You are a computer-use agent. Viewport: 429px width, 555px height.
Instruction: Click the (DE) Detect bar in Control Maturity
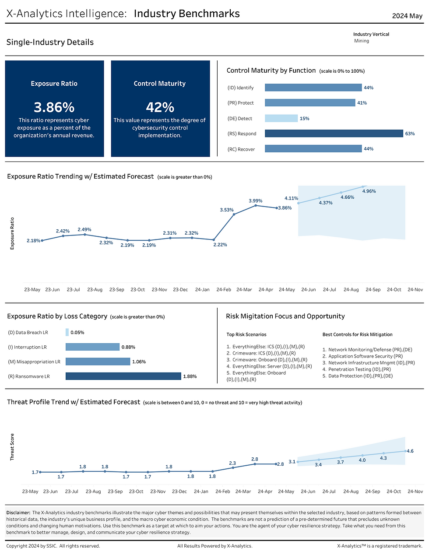tap(281, 118)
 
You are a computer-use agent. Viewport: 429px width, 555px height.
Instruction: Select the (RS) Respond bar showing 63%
tap(334, 133)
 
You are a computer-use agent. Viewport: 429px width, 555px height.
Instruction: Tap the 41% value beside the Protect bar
tap(362, 103)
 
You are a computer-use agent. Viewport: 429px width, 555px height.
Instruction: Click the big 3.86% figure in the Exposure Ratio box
tap(54, 107)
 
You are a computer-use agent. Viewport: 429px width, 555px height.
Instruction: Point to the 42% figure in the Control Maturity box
tap(160, 107)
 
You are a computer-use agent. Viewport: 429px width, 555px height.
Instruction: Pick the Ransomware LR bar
tap(123, 376)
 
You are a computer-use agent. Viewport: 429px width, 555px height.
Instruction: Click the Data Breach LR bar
tap(67, 332)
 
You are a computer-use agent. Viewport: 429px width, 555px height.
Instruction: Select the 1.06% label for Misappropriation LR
tap(139, 362)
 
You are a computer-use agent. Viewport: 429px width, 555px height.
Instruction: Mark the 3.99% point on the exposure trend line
tap(256, 205)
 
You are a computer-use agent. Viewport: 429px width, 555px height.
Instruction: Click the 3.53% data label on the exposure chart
tap(227, 210)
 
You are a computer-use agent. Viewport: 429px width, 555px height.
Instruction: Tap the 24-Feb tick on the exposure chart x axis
tap(224, 290)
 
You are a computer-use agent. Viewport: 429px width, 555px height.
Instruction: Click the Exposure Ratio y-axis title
tap(12, 233)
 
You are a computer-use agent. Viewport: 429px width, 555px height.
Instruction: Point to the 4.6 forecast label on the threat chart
tap(410, 451)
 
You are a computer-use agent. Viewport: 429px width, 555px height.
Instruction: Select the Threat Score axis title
tap(12, 447)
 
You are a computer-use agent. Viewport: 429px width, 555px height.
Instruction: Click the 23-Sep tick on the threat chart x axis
tap(115, 492)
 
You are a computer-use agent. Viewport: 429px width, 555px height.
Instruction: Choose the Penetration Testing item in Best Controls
tap(356, 369)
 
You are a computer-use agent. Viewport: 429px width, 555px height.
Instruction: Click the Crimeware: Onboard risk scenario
tap(267, 360)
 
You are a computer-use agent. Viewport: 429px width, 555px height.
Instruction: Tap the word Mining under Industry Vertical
tap(362, 41)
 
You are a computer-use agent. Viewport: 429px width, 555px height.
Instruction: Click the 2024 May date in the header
tap(407, 16)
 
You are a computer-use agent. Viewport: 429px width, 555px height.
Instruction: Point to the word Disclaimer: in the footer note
tap(18, 513)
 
